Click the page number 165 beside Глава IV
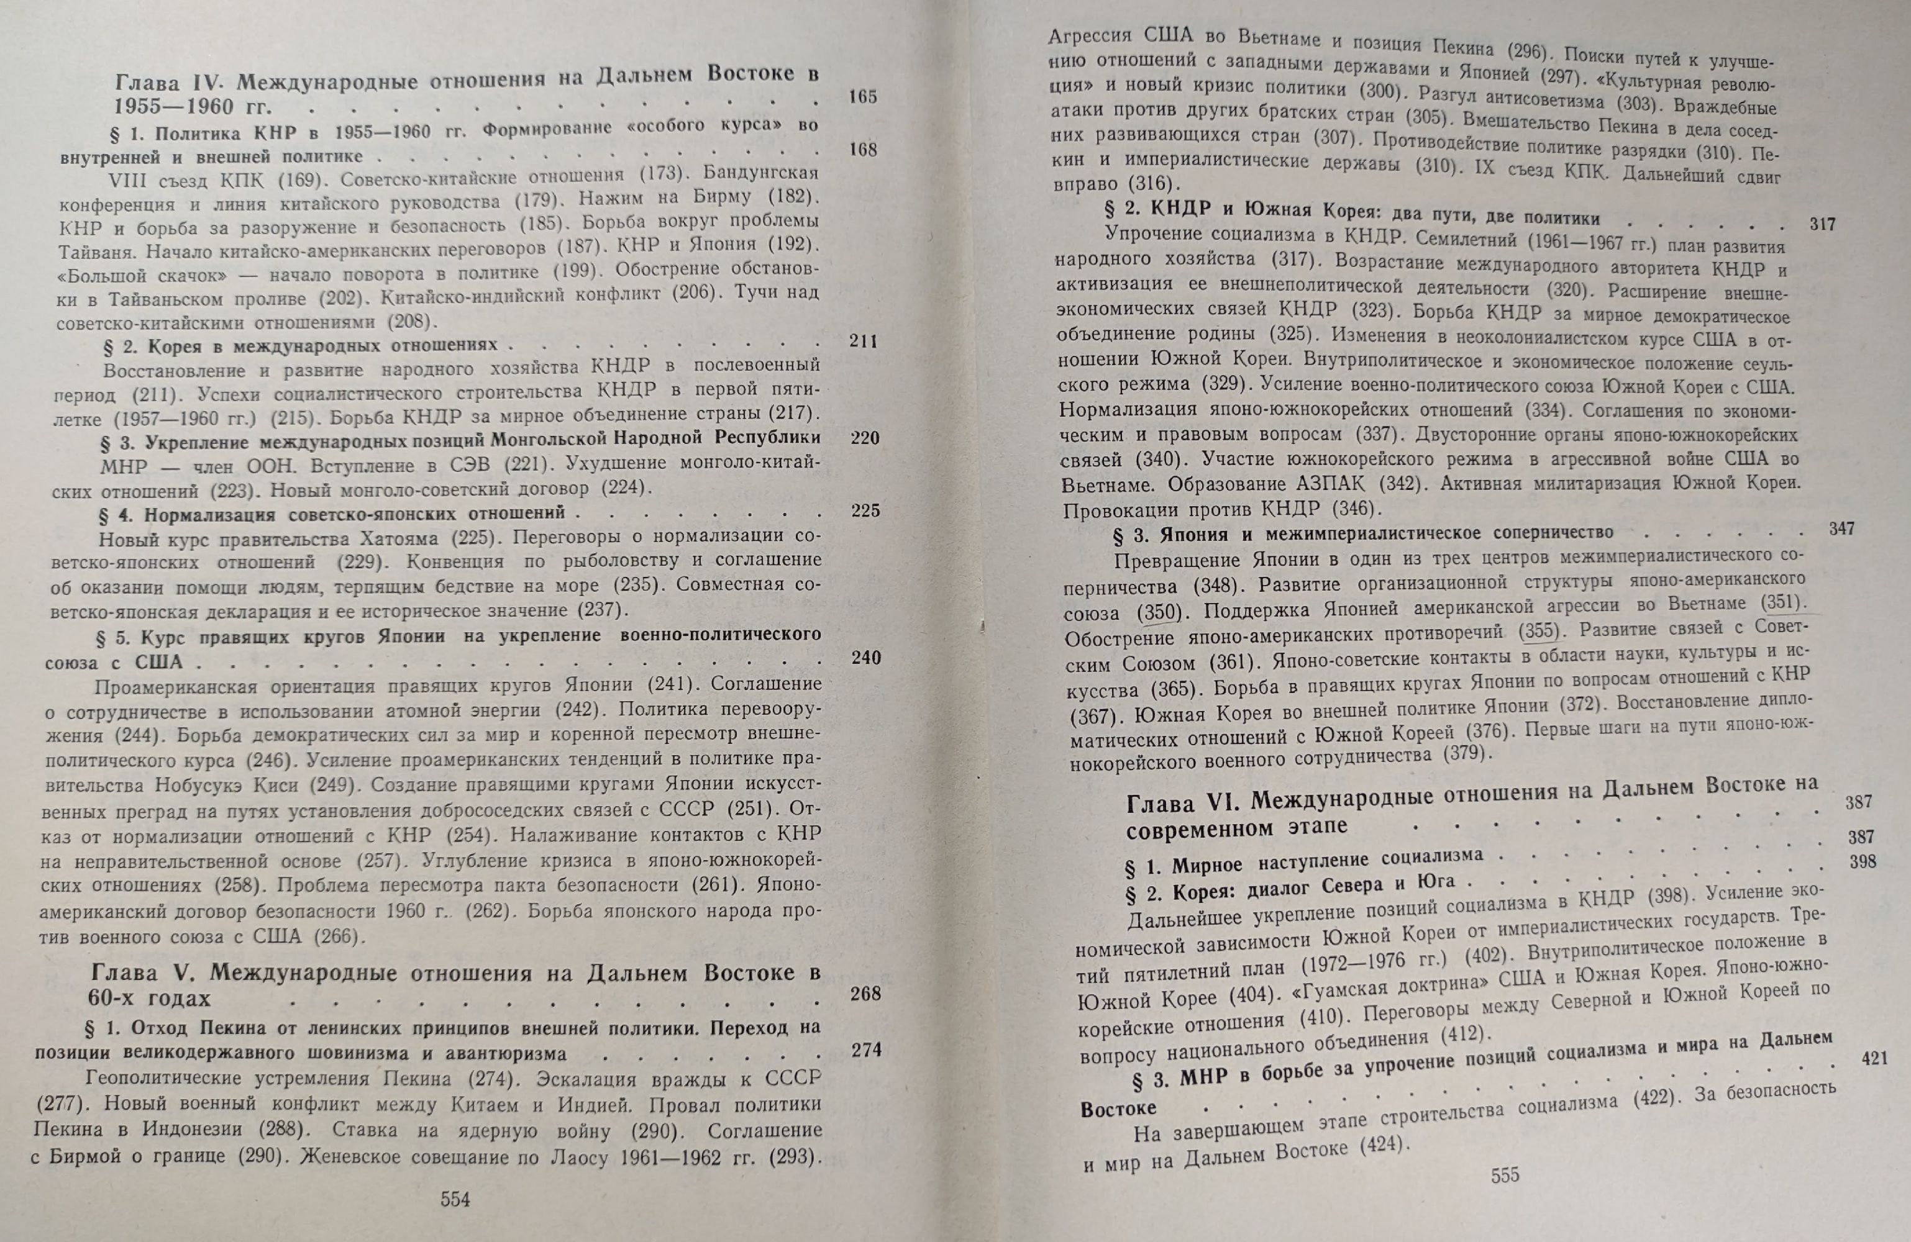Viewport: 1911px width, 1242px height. (x=862, y=96)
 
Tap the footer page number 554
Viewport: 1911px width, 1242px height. (x=455, y=1199)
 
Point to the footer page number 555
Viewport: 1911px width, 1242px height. (x=1505, y=1176)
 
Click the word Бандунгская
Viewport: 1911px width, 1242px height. (x=760, y=173)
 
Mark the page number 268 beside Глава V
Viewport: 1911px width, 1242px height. (x=865, y=993)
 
